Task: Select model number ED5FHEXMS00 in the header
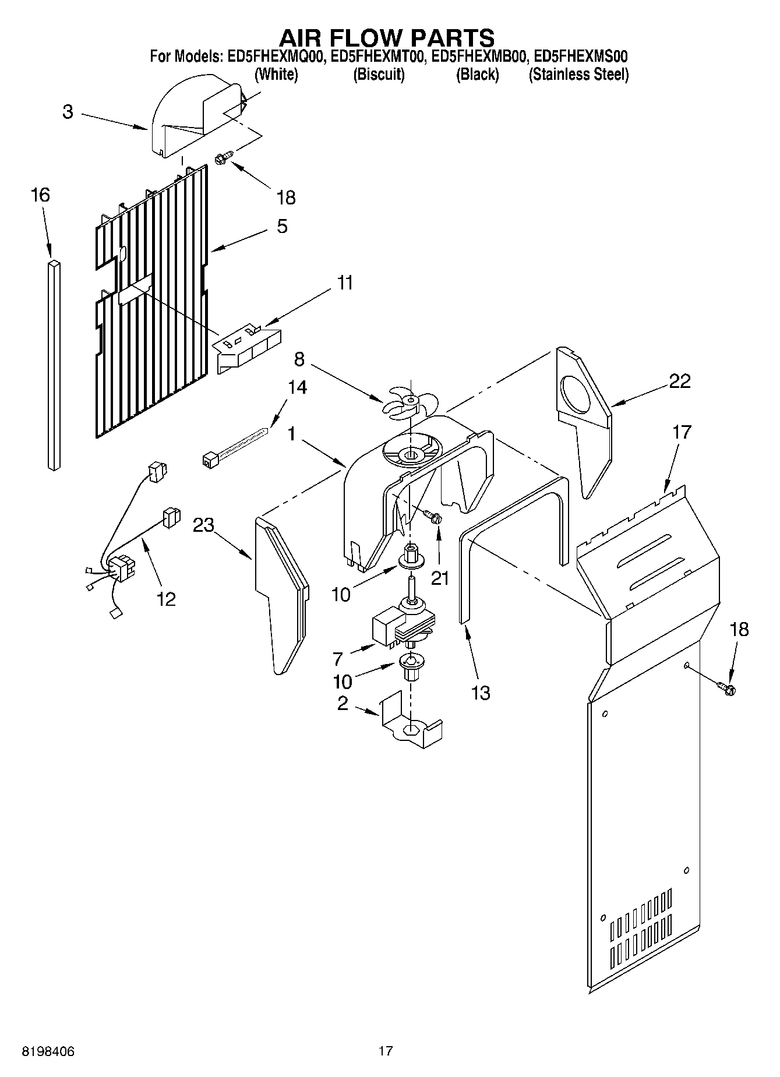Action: pyautogui.click(x=580, y=57)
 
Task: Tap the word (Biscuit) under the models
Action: pyautogui.click(x=379, y=75)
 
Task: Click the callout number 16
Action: pyautogui.click(x=40, y=195)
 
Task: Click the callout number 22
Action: pyautogui.click(x=679, y=381)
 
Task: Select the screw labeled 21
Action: pyautogui.click(x=433, y=516)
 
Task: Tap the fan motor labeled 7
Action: pyautogui.click(x=402, y=626)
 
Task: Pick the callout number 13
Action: pyautogui.click(x=481, y=693)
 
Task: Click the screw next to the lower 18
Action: pyautogui.click(x=727, y=689)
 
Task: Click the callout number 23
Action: pyautogui.click(x=204, y=525)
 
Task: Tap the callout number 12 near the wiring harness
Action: pyautogui.click(x=166, y=599)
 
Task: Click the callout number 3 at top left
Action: pyautogui.click(x=68, y=112)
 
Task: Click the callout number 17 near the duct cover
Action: pyautogui.click(x=681, y=432)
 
